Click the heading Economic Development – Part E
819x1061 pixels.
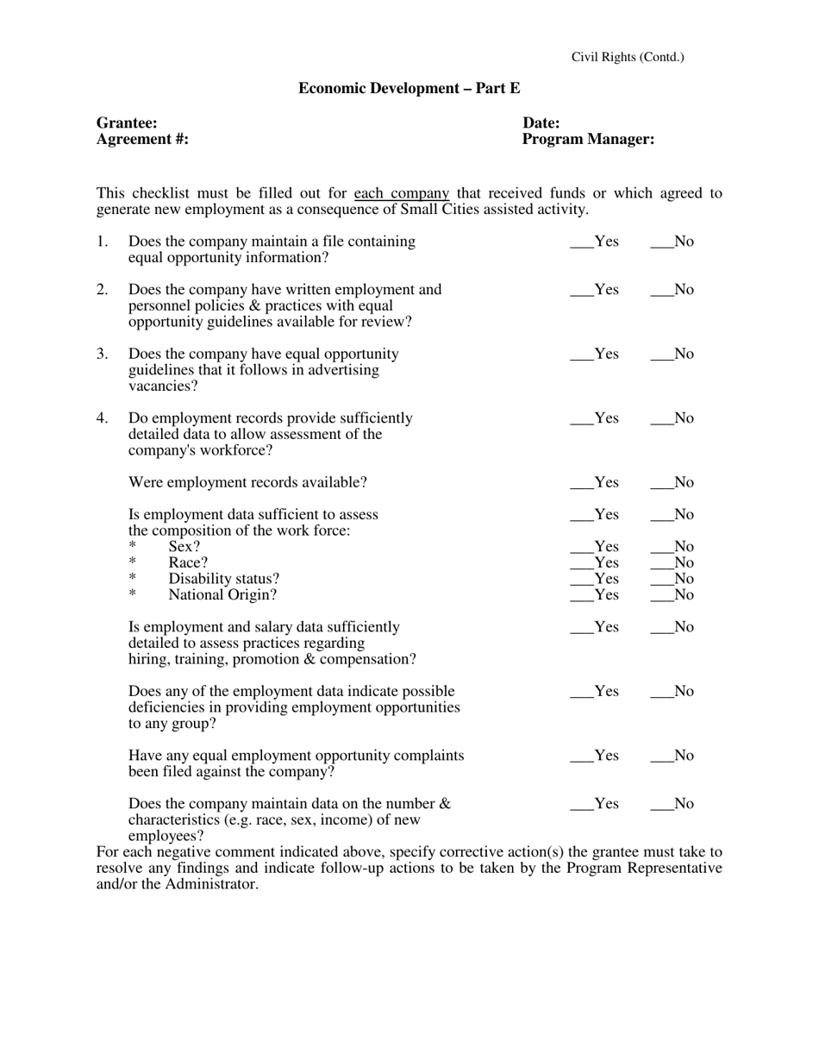(x=409, y=88)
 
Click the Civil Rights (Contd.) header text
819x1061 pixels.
(x=628, y=57)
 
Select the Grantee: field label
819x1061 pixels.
(x=127, y=123)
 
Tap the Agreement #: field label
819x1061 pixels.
(x=142, y=139)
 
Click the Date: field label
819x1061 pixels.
(x=541, y=123)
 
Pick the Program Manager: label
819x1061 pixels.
(x=588, y=139)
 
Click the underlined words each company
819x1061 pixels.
(x=402, y=193)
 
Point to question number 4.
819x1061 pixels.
(x=103, y=418)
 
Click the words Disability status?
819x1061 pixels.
(x=223, y=579)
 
